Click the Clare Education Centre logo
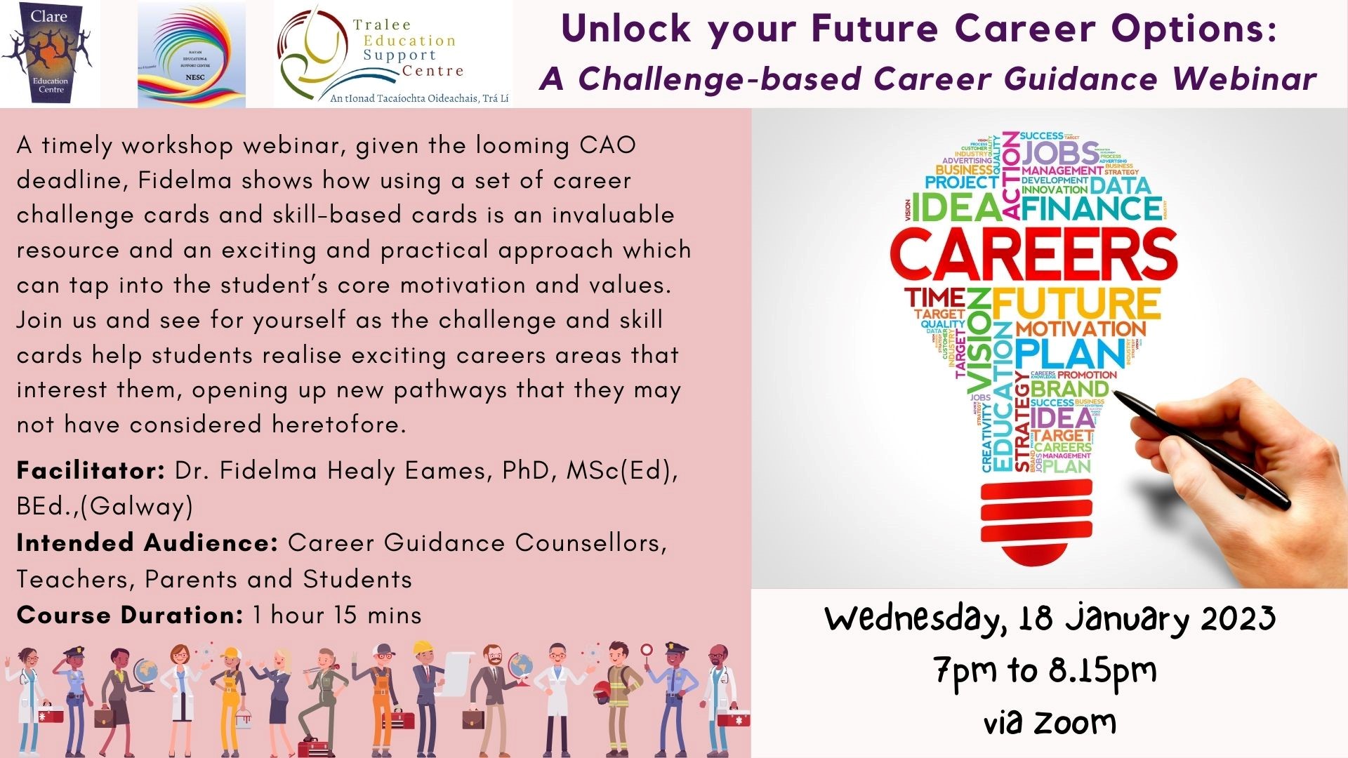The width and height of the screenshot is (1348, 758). (49, 53)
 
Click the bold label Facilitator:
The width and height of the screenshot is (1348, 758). (91, 470)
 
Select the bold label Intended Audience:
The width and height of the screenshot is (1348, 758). (147, 543)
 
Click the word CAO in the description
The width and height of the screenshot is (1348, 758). (607, 145)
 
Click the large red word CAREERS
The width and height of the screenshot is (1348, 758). (1033, 254)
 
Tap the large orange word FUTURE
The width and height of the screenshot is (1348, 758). (1076, 303)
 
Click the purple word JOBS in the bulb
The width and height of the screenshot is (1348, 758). (1060, 153)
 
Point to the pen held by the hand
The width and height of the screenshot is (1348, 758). (1201, 449)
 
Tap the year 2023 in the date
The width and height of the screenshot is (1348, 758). (1237, 618)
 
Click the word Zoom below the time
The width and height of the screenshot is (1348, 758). (1074, 722)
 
